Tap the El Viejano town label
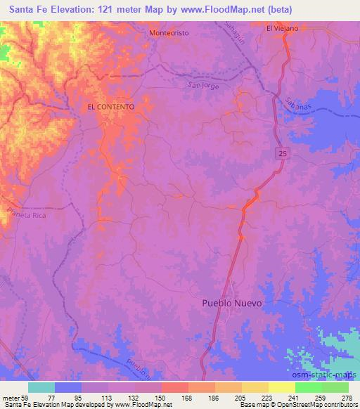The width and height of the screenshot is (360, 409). (x=282, y=28)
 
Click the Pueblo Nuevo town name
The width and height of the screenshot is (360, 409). (x=232, y=303)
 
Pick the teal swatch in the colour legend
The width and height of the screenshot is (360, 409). (x=41, y=387)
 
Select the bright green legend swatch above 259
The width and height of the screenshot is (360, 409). (x=308, y=387)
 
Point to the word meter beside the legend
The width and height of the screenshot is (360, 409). (x=10, y=397)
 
